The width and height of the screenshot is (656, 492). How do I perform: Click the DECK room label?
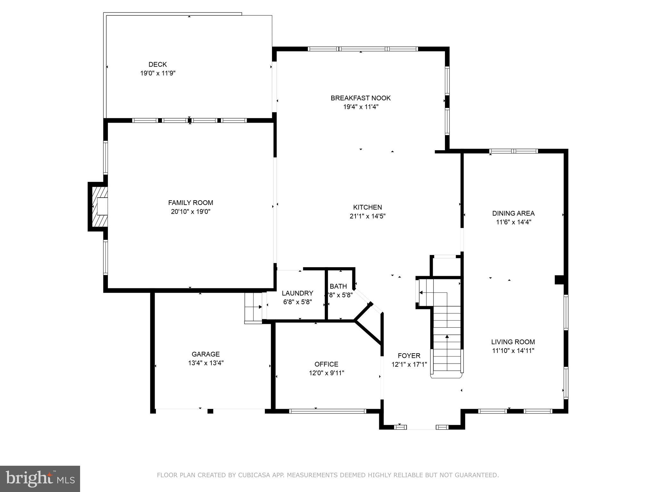point(158,64)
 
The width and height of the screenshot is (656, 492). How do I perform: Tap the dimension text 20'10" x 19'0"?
point(191,212)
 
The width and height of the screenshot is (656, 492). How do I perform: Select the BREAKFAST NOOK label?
point(361,98)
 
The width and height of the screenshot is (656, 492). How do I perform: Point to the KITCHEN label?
point(367,207)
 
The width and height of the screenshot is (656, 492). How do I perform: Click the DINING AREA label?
point(513,213)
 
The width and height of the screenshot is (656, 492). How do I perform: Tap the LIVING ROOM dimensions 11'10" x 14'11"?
point(513,351)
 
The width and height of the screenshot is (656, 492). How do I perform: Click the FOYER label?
point(409,356)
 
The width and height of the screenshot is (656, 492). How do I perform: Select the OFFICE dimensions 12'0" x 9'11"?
point(326,373)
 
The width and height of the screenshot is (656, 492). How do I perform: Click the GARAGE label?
point(206,354)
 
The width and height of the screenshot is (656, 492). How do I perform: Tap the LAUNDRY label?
point(297,293)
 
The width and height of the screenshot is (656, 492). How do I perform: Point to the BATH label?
point(338,286)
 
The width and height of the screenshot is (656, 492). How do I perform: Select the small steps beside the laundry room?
point(253,307)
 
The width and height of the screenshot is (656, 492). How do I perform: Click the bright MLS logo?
point(40,479)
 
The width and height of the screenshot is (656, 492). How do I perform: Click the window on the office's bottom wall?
point(327,411)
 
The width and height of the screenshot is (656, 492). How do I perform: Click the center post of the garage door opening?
point(210,411)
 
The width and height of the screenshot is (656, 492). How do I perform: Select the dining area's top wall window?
point(513,151)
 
